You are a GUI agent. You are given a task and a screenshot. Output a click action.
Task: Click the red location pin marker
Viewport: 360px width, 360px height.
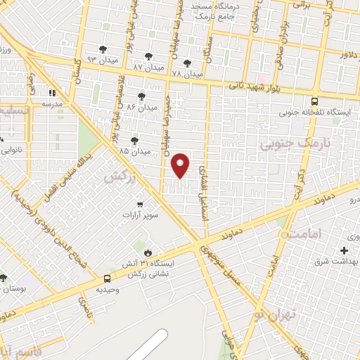[181, 165]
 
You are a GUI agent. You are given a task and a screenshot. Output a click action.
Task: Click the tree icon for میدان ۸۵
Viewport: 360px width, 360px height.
[134, 141]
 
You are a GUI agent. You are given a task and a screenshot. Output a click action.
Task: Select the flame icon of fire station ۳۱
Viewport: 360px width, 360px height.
[147, 252]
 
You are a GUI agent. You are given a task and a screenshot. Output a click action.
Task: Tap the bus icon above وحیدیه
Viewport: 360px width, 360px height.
[107, 278]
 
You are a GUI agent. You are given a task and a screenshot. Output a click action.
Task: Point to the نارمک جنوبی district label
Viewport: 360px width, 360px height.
[285, 144]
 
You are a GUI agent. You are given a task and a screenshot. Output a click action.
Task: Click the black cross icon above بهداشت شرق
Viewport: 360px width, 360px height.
[344, 250]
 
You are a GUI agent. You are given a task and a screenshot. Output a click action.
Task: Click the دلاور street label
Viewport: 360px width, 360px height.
[349, 54]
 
